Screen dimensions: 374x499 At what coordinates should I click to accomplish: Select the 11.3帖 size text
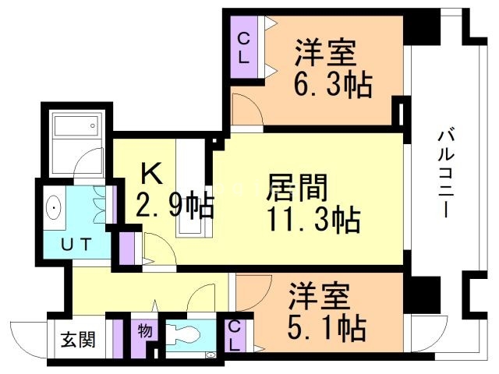(x=314, y=221)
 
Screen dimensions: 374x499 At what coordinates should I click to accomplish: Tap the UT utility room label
(x=77, y=244)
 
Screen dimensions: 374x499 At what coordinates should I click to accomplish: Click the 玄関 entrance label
(x=78, y=340)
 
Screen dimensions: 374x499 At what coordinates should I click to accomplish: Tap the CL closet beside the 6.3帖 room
(x=244, y=48)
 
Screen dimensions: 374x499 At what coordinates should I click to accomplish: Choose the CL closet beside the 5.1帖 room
(x=235, y=336)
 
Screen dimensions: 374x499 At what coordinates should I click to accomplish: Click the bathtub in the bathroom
(x=75, y=125)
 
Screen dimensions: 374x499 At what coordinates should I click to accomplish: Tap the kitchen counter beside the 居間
(x=189, y=187)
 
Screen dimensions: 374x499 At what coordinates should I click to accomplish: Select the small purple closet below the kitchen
(x=128, y=247)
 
